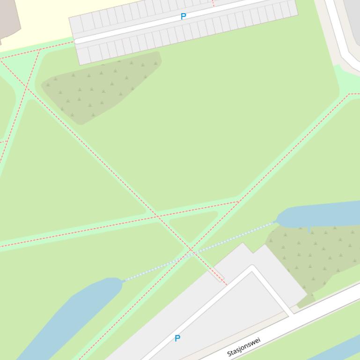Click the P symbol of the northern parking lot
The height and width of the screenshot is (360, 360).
(183, 16)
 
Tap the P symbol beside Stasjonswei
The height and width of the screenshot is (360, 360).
(177, 338)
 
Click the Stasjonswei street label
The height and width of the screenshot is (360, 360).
(243, 346)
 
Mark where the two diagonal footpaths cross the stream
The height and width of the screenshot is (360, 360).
(191, 252)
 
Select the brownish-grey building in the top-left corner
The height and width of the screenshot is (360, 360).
(7, 19)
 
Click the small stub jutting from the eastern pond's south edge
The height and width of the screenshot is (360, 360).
(309, 229)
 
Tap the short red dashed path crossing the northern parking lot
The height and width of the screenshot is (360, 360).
(213, 3)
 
